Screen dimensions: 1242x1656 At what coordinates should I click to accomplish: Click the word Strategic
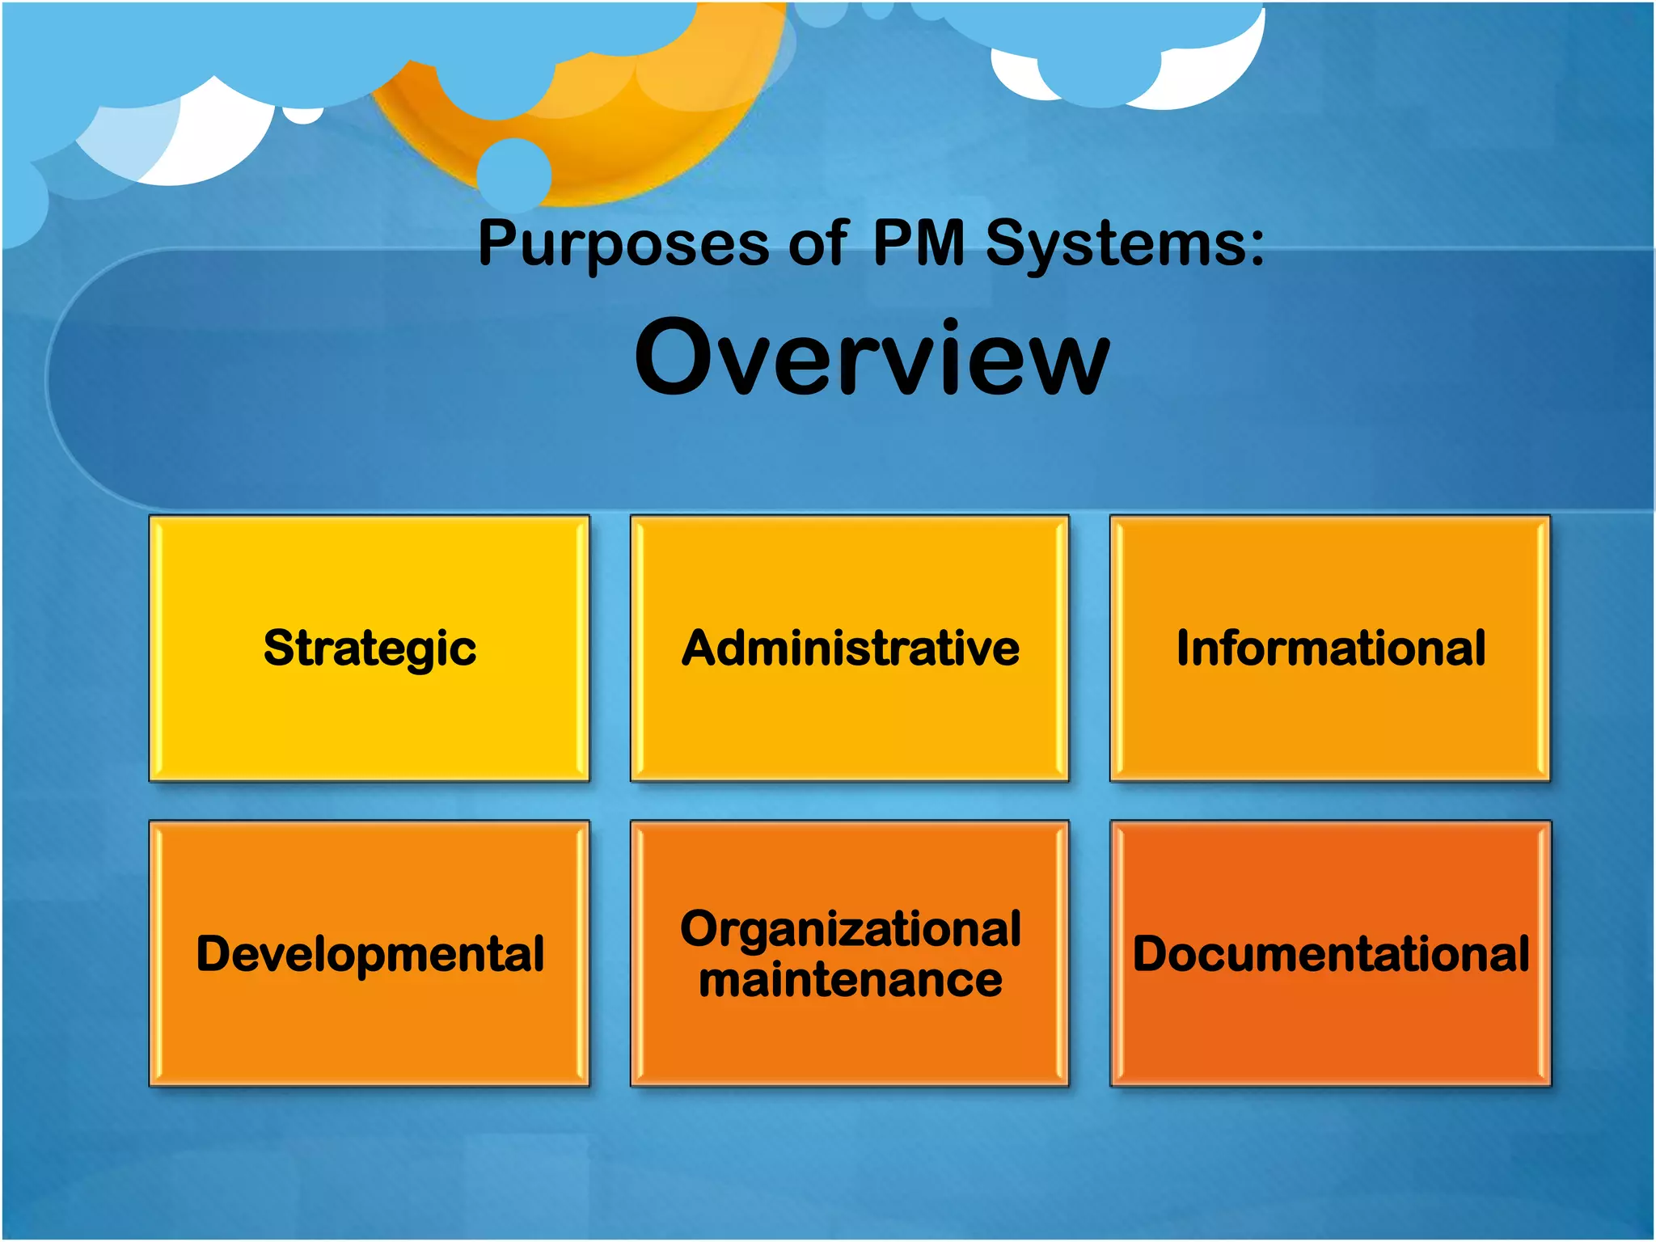370,648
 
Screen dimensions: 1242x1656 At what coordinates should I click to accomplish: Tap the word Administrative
850,648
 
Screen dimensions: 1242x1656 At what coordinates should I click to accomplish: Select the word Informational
1330,648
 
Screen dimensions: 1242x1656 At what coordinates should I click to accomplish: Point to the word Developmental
370,954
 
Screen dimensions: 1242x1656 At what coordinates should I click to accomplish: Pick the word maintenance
850,980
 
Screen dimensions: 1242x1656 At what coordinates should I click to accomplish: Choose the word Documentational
1330,954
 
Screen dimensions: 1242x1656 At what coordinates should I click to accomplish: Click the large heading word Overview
872,357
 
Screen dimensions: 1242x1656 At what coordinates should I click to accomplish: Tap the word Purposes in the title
623,243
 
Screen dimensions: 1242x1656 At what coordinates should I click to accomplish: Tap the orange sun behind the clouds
615,137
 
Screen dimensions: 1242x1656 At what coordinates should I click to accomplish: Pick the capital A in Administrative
700,648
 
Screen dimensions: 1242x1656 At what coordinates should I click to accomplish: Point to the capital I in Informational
1183,648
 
